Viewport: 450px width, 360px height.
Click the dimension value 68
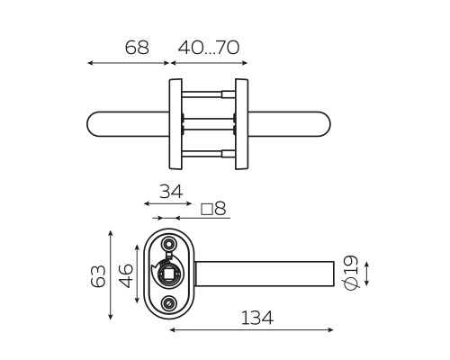tap(137, 48)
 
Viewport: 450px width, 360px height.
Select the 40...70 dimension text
tap(209, 48)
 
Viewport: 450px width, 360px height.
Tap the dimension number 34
tap(171, 192)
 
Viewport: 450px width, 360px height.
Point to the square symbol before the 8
tap(207, 210)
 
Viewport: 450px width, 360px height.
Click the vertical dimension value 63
tap(98, 276)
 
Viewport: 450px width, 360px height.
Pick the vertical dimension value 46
tap(126, 275)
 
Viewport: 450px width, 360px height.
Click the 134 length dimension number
tap(257, 318)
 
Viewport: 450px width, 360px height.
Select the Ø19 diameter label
tap(351, 273)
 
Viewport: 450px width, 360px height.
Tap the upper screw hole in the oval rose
tap(168, 243)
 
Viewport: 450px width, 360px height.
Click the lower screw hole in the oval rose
tap(168, 303)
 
